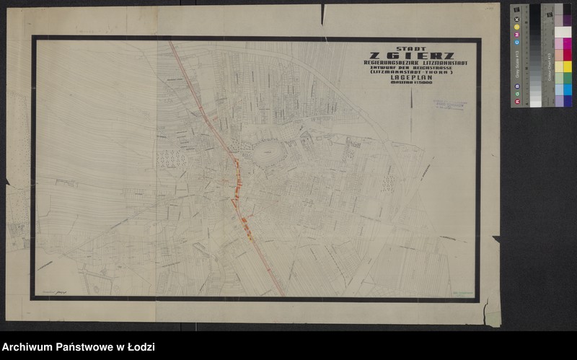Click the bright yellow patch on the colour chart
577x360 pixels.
567,66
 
